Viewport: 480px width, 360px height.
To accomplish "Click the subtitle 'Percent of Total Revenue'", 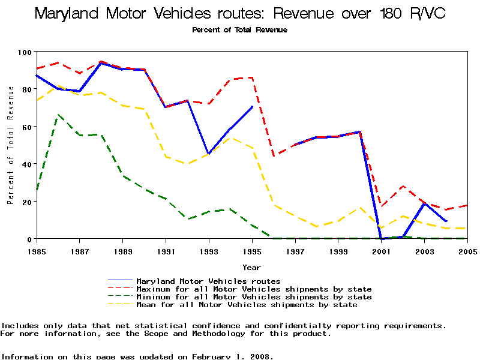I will [239, 30].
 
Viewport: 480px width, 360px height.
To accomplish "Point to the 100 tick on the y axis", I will [25, 52].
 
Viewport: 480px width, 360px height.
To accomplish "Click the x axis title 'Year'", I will [251, 267].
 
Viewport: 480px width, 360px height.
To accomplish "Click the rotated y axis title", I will [10, 145].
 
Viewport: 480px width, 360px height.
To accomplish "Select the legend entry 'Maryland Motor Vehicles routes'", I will [208, 281].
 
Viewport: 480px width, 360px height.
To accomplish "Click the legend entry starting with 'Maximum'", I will [254, 289].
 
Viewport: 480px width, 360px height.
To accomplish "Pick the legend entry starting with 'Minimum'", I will [254, 297].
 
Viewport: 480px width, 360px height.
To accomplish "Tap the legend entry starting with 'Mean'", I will [247, 305].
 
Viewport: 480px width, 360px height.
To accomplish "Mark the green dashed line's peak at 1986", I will [58, 114].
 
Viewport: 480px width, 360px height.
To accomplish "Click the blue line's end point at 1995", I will [252, 107].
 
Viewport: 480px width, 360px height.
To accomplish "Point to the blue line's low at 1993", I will [209, 154].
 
